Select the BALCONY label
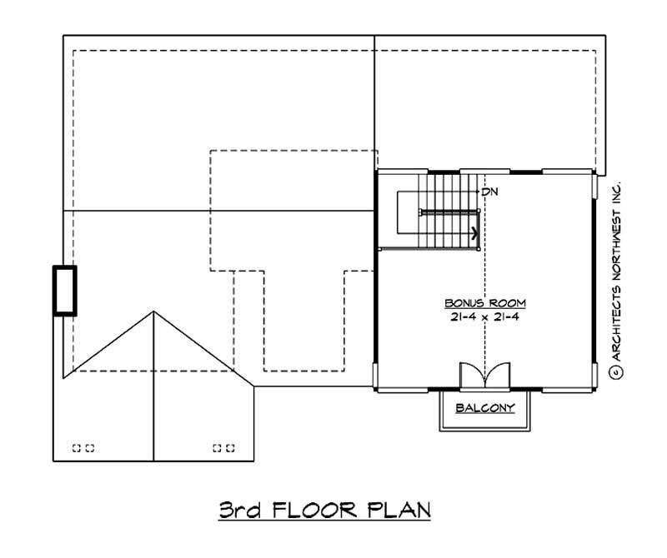coord(484,408)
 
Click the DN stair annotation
coord(490,192)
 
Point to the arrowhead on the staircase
coord(474,234)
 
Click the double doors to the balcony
coord(484,375)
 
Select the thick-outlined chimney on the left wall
coord(65,290)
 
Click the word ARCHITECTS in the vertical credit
coord(617,316)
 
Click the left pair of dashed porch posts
coord(83,448)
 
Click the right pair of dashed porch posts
coord(223,448)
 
